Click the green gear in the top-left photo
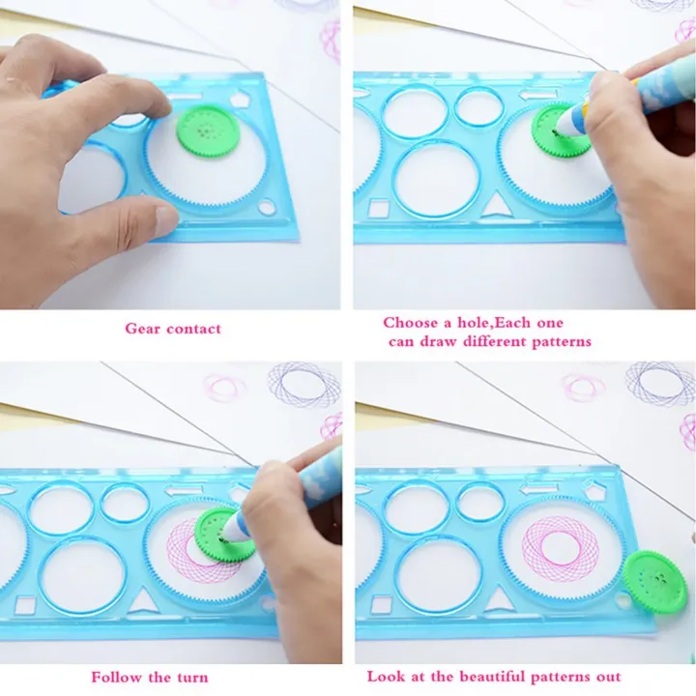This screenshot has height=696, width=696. [x=208, y=132]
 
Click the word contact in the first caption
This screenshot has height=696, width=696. [x=193, y=330]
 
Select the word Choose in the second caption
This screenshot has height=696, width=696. [x=410, y=323]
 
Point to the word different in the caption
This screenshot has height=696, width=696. [x=494, y=342]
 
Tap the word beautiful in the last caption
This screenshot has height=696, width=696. [x=492, y=677]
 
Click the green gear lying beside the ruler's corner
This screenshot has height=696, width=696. [x=654, y=582]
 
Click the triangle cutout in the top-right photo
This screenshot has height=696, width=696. [x=496, y=204]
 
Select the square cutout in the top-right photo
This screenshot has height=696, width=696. [x=379, y=208]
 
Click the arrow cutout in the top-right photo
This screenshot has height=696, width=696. [x=537, y=94]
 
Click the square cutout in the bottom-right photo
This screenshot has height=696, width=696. [x=381, y=605]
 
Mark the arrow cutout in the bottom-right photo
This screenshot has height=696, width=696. [x=538, y=489]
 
